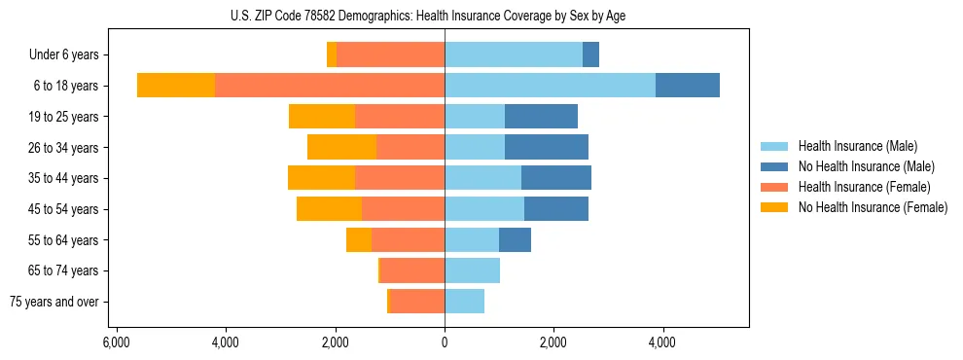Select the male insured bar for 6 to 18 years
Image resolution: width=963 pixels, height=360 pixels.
pos(550,86)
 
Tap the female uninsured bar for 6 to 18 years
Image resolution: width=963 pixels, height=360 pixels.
pos(176,86)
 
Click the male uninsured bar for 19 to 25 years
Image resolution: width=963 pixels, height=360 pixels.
pos(541,117)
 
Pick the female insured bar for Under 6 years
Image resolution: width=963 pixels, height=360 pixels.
pos(390,55)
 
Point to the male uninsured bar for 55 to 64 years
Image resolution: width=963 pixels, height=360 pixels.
pos(515,239)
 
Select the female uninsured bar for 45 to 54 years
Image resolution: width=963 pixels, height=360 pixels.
pos(329,208)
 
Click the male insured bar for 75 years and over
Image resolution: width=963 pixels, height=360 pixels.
pos(464,302)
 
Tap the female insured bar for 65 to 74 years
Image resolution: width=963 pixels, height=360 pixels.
pos(412,270)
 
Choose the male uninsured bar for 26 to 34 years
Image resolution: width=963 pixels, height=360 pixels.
pos(546,147)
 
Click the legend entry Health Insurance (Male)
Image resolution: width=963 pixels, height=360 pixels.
pos(857,146)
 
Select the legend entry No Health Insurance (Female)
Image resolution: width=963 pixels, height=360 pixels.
pos(873,207)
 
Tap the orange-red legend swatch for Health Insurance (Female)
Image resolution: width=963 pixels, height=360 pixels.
pos(774,187)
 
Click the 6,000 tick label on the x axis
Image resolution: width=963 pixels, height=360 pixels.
pos(116,342)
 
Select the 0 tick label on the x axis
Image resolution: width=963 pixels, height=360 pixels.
pos(445,342)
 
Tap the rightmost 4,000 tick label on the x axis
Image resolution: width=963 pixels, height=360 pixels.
pos(662,342)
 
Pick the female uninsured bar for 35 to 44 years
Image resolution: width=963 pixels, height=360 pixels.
pos(321,178)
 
